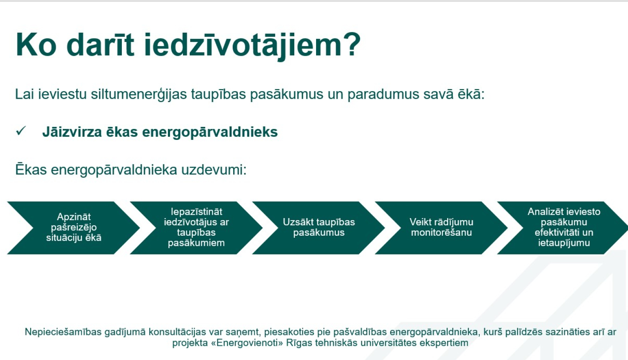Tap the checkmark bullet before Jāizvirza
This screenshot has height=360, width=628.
tap(21, 131)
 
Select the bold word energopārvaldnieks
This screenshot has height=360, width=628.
tap(210, 132)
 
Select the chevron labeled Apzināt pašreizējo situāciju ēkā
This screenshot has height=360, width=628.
tap(74, 227)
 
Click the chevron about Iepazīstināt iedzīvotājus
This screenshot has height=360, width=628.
tap(196, 227)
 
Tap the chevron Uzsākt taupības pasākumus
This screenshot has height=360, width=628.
tap(319, 227)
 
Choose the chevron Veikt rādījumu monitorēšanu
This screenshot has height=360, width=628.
tap(441, 227)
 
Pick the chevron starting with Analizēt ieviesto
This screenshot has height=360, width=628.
tap(564, 227)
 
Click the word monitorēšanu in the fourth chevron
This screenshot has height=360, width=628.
tap(441, 233)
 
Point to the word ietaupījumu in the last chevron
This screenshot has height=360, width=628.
tap(564, 243)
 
